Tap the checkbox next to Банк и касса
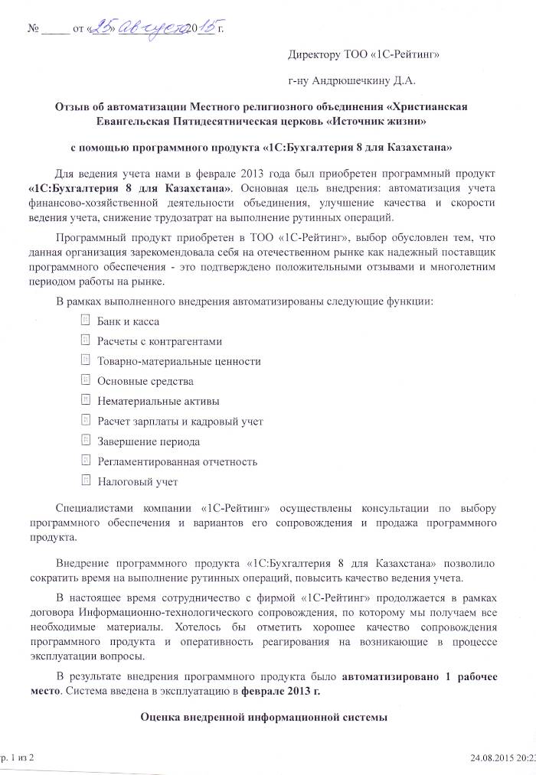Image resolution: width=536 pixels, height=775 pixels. (x=86, y=321)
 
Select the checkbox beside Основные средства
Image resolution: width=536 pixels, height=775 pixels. (x=86, y=380)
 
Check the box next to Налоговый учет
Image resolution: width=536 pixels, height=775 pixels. (x=86, y=481)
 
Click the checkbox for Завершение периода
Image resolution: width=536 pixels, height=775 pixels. (x=86, y=441)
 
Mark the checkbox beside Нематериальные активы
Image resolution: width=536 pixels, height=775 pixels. (x=86, y=400)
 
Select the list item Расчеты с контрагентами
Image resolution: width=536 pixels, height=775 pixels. (x=160, y=341)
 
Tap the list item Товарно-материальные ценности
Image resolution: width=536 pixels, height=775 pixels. (x=178, y=361)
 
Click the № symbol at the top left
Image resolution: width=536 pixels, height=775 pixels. (x=32, y=31)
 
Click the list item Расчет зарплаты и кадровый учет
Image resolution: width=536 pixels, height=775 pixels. (x=180, y=421)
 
